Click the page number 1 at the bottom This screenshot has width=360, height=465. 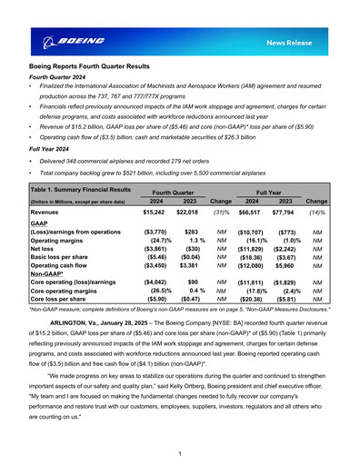(180, 453)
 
